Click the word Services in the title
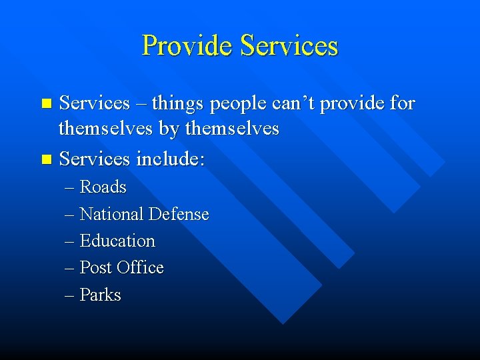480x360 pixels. pos(289,46)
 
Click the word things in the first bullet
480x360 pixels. pos(179,103)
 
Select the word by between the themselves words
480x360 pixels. pos(170,129)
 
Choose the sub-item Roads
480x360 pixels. pos(103,187)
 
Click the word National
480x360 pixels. pos(111,215)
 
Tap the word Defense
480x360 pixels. pos(179,215)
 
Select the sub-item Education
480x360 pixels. pos(117,241)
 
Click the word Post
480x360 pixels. pos(95,268)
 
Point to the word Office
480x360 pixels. pos(140,268)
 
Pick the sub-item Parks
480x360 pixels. pos(100,295)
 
